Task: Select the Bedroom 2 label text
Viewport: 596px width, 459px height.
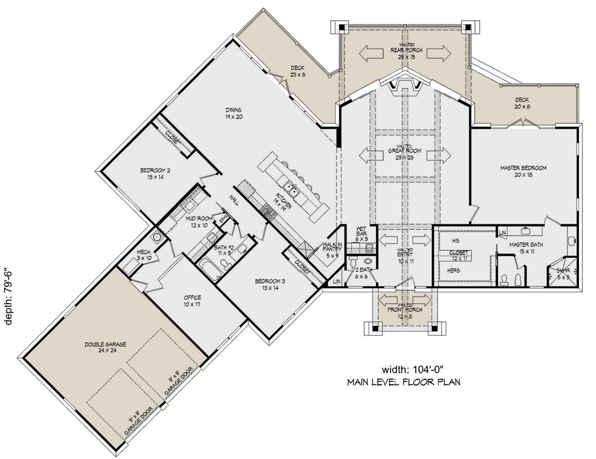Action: tap(155, 174)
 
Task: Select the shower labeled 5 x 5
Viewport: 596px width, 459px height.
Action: tap(563, 273)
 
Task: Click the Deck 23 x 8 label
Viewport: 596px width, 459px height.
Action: tap(298, 72)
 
